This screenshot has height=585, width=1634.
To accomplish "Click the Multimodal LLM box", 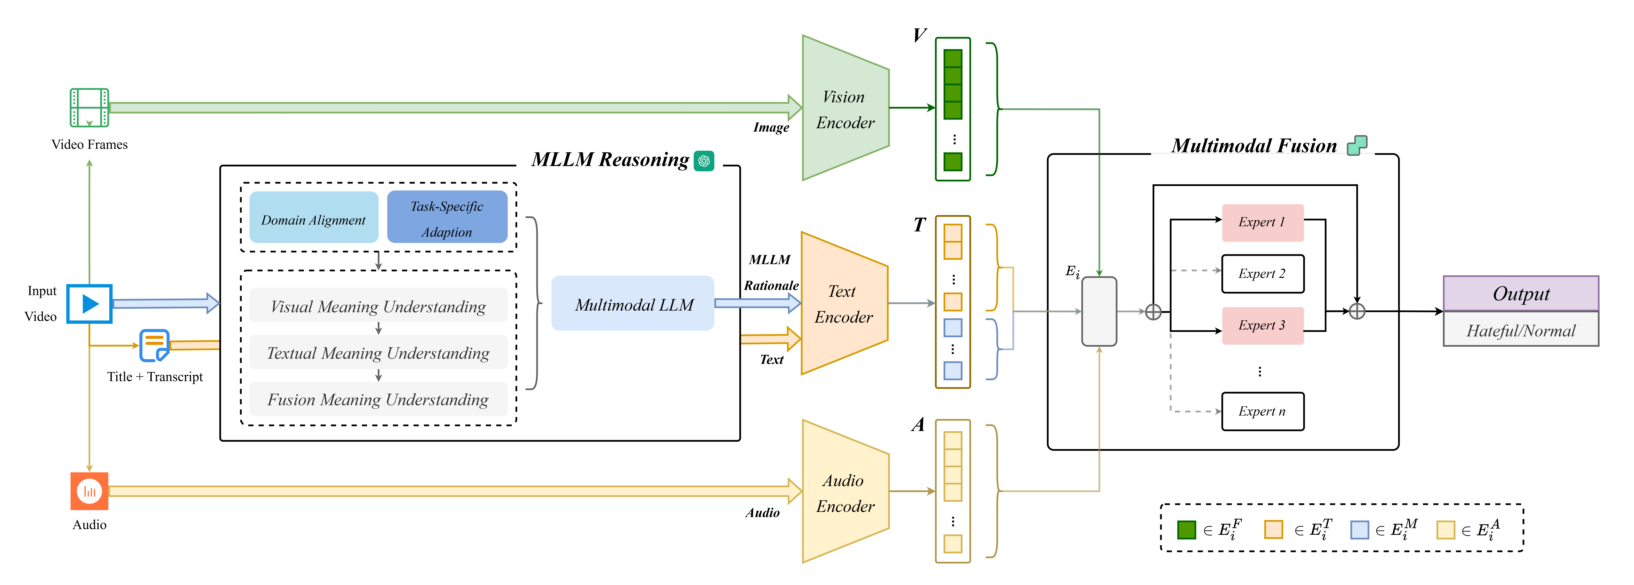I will (x=633, y=304).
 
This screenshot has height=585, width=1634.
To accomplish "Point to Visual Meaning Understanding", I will (x=378, y=306).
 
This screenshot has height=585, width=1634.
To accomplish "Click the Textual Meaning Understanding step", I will (x=378, y=352).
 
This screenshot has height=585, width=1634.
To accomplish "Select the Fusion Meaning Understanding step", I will (x=378, y=399).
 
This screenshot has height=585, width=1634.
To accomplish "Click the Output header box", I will (x=1521, y=294).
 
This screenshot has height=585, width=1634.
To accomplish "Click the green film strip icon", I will (x=89, y=108).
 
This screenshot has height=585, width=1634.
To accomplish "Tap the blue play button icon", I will (x=89, y=304).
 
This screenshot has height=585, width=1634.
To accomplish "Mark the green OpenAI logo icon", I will (x=704, y=161).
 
